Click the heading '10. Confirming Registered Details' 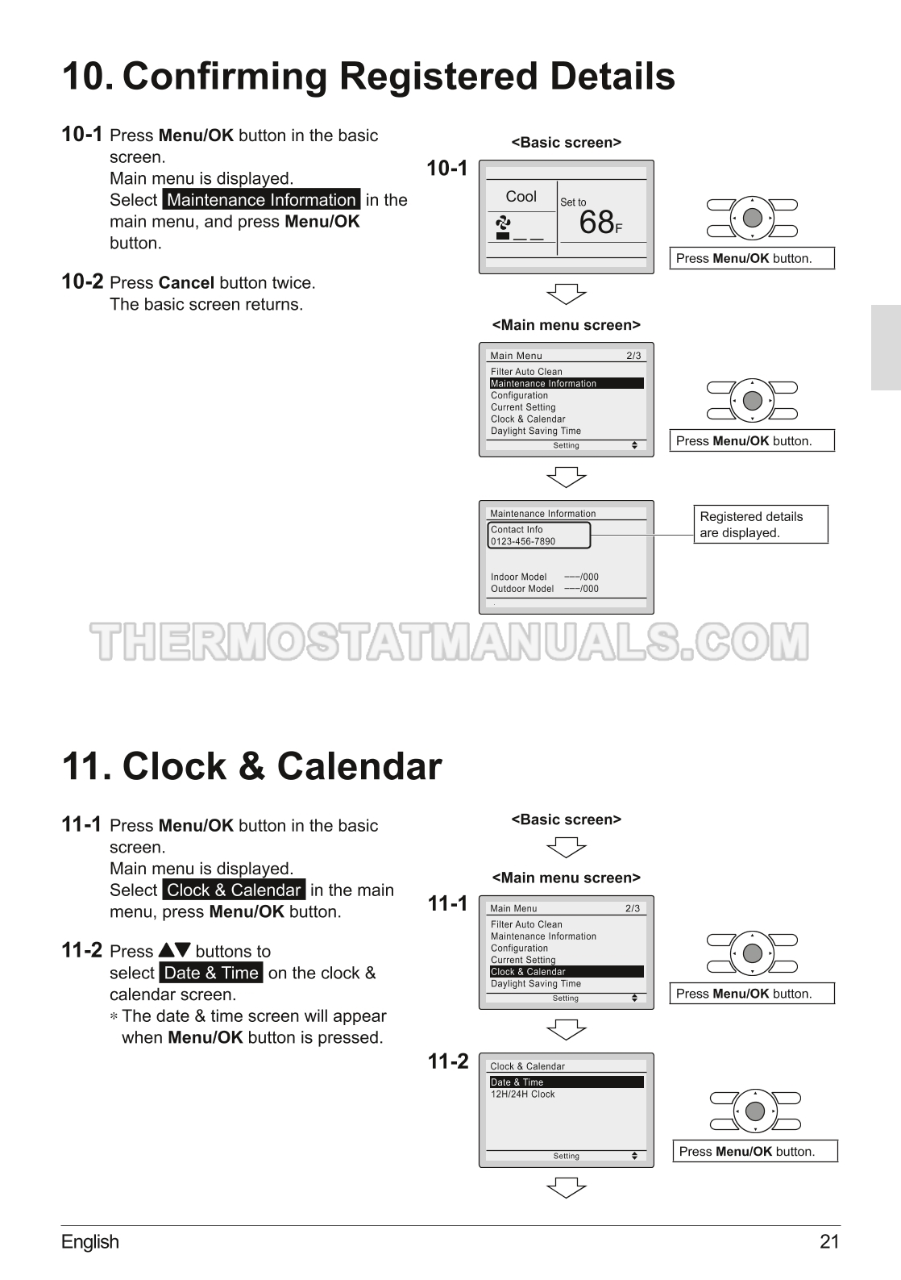tap(368, 76)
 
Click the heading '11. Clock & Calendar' tap(251, 765)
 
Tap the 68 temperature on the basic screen tap(596, 222)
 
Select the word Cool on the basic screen tap(521, 197)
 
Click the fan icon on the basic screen tap(503, 222)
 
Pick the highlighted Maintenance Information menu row tap(567, 383)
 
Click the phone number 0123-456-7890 tap(523, 541)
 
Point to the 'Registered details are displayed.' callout tap(761, 524)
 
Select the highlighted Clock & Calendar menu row tap(567, 971)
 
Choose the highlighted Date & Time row tap(567, 1082)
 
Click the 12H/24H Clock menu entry tap(522, 1094)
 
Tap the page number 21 tap(829, 1242)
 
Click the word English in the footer tap(90, 1242)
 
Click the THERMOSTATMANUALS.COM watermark tap(450, 641)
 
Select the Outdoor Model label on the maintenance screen tap(522, 589)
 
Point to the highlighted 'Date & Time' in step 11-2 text tap(211, 973)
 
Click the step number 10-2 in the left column tap(82, 281)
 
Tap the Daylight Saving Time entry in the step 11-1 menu tap(536, 983)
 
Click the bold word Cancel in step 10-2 tap(186, 283)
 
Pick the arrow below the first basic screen tap(567, 294)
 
